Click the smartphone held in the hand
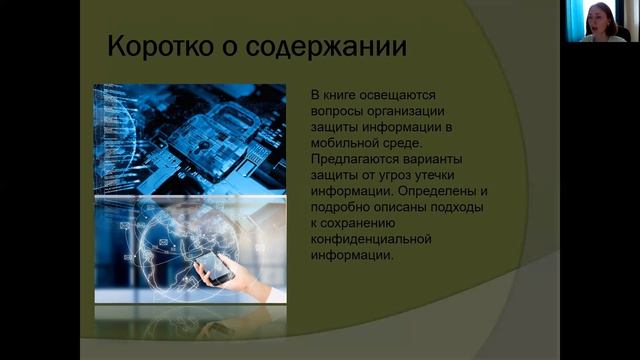coord(213,266)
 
